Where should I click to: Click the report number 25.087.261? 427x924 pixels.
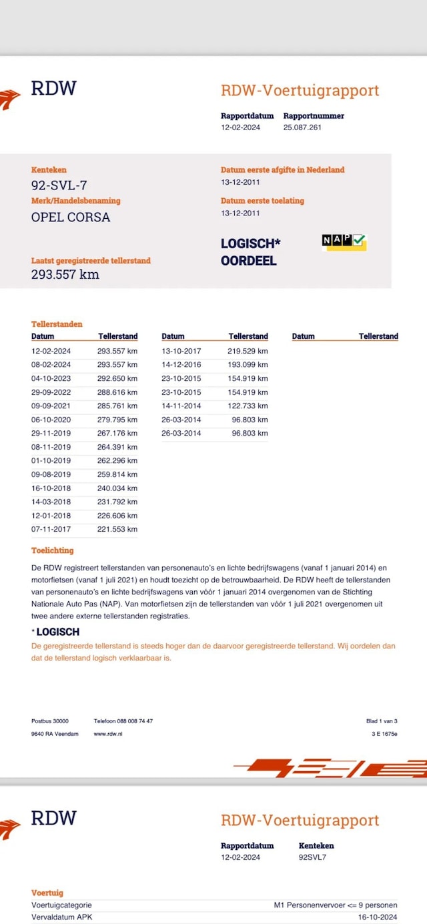(302, 127)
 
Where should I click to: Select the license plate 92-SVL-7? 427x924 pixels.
(59, 185)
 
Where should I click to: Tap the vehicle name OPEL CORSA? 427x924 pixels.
(71, 217)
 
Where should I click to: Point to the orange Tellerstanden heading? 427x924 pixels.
(57, 324)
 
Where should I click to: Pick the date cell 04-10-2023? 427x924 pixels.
(51, 378)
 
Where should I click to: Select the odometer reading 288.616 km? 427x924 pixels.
(117, 392)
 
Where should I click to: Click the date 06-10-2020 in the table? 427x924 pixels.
(51, 420)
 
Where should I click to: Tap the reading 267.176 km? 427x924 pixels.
(117, 434)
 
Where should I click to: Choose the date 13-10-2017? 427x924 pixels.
(181, 351)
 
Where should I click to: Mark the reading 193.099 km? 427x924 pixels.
(248, 365)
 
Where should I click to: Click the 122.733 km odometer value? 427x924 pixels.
(248, 406)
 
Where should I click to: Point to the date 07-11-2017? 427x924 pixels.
(51, 530)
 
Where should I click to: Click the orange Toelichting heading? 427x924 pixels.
(53, 550)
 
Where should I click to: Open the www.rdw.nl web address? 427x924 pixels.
(108, 734)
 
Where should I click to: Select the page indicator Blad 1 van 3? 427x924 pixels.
(382, 721)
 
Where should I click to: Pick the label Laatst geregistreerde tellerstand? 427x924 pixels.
(91, 261)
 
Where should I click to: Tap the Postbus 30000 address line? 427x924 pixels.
(50, 721)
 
